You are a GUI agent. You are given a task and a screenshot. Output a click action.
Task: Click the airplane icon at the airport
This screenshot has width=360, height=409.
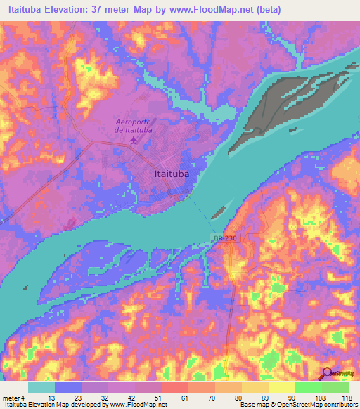point(134,140)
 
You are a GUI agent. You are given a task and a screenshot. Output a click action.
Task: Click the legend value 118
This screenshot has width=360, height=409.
point(344,397)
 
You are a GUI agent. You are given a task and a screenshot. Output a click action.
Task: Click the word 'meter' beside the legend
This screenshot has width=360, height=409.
point(11,397)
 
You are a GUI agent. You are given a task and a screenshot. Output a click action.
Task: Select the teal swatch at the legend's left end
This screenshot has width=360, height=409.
point(41,387)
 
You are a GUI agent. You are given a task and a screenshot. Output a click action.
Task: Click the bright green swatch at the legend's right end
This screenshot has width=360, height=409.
point(335,387)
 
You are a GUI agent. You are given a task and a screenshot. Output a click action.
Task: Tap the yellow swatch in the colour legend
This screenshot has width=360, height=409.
point(281,387)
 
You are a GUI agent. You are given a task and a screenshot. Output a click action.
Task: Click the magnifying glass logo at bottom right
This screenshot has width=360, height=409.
point(326,374)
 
